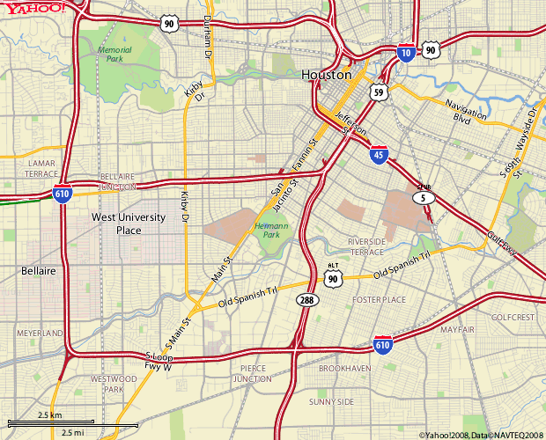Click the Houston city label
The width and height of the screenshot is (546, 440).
coord(327,76)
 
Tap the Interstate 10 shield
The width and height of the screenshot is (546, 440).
coord(406,53)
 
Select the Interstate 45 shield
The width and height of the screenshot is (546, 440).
coord(378,155)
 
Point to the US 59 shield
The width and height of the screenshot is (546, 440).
coord(379,92)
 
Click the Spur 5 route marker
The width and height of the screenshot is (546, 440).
coord(424,196)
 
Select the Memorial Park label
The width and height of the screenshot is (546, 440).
coord(114,55)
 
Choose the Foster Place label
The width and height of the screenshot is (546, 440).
coord(379,300)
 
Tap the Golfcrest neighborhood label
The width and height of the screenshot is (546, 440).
coord(513,317)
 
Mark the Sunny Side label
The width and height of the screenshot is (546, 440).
coord(331,401)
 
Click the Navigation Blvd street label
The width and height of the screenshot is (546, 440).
coord(469,113)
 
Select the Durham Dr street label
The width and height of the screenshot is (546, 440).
coord(207,35)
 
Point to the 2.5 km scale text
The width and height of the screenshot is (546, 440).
coord(49,414)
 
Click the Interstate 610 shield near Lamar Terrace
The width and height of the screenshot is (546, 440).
coord(62,194)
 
